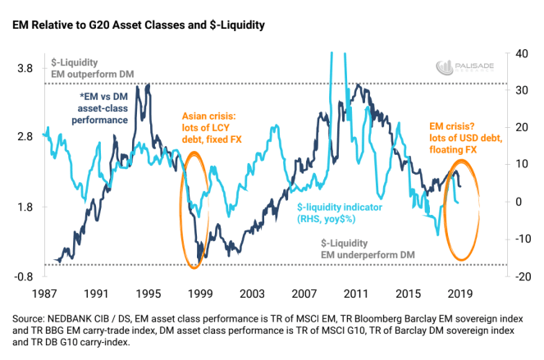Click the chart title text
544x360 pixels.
click(138, 26)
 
